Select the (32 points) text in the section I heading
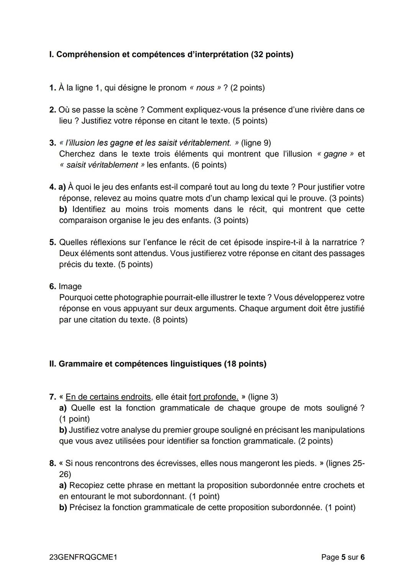click(272, 54)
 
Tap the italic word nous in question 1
click(205, 88)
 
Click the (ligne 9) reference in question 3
click(256, 143)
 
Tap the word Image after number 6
click(70, 287)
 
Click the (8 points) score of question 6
click(170, 320)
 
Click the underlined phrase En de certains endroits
click(108, 397)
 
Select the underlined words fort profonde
click(214, 397)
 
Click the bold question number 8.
click(53, 464)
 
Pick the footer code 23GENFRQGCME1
click(83, 557)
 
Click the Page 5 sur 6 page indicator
click(343, 557)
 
